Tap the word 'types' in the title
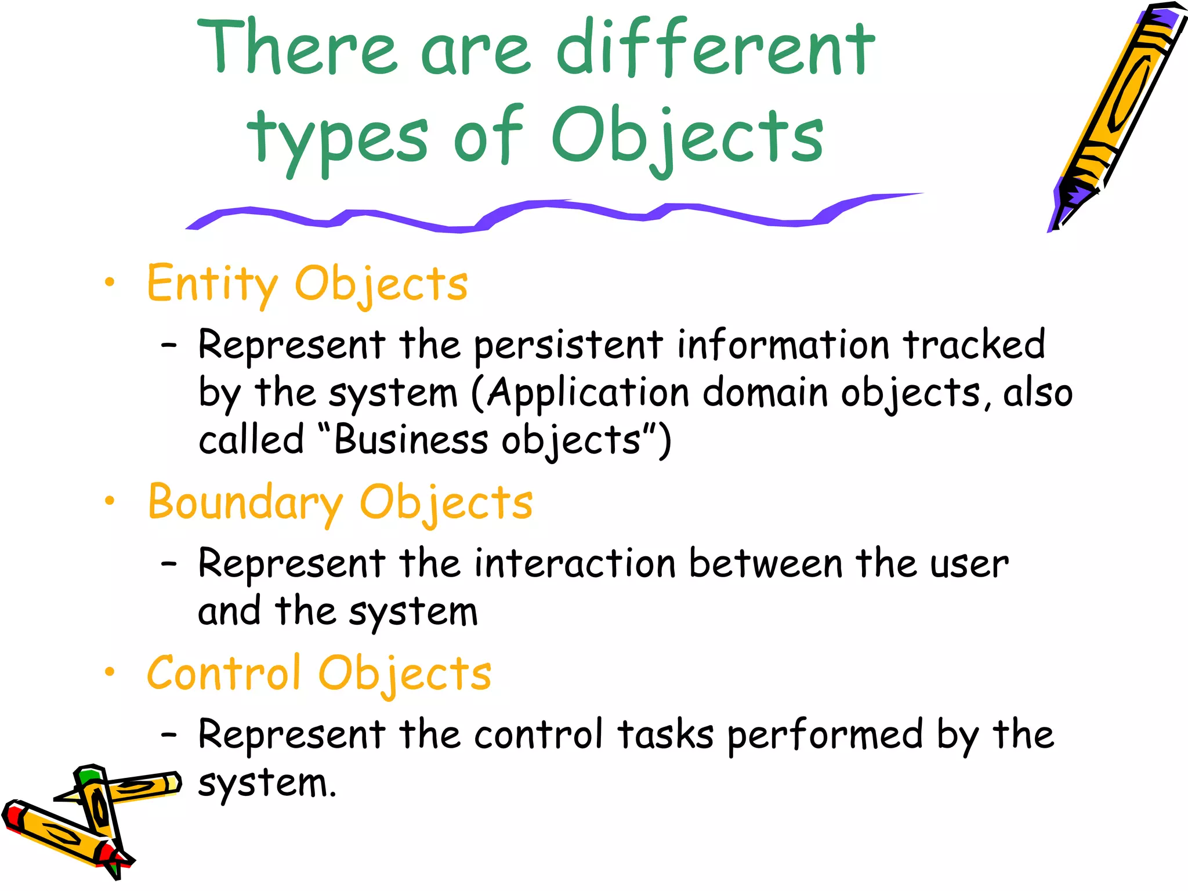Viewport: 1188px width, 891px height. click(x=337, y=137)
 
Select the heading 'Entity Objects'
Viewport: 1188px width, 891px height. click(x=307, y=284)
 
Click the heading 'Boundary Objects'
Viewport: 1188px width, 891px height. click(x=340, y=502)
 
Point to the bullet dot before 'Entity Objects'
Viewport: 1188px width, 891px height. click(x=110, y=282)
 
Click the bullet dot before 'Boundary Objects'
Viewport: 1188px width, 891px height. click(x=110, y=501)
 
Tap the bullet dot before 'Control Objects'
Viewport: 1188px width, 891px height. click(x=110, y=672)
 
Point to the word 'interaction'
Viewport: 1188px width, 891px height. click(x=575, y=564)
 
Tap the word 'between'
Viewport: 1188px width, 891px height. click(x=766, y=564)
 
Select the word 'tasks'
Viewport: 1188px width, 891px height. click(x=665, y=735)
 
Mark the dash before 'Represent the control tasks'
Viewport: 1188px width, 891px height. click(x=169, y=735)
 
